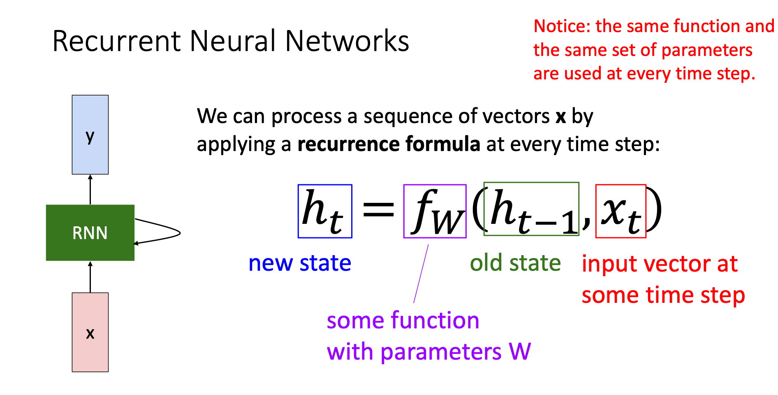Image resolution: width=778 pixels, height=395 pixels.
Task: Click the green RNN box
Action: (x=90, y=232)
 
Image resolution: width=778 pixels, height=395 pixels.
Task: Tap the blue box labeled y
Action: (x=90, y=135)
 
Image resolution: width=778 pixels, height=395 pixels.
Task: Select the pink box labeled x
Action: (x=90, y=332)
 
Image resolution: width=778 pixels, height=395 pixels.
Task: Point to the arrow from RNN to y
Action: (x=90, y=189)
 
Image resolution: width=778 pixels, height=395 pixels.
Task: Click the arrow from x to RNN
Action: (x=90, y=276)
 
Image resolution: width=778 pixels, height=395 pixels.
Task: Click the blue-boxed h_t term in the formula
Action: (x=325, y=211)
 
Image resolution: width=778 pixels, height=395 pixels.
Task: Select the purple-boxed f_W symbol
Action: (x=435, y=211)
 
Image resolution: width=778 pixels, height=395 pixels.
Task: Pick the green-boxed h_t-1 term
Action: (x=531, y=209)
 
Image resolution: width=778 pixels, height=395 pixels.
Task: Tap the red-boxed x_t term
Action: (x=621, y=211)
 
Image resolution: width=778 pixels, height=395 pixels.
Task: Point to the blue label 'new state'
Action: (x=300, y=263)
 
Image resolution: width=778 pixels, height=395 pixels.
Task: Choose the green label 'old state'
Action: (x=515, y=263)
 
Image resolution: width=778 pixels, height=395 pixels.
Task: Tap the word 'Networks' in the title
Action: (x=347, y=41)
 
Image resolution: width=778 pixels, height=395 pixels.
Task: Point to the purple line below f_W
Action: (x=421, y=274)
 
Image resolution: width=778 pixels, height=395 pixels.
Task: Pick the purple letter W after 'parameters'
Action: (x=520, y=352)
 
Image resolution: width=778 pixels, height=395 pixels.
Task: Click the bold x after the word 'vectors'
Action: (x=560, y=117)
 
